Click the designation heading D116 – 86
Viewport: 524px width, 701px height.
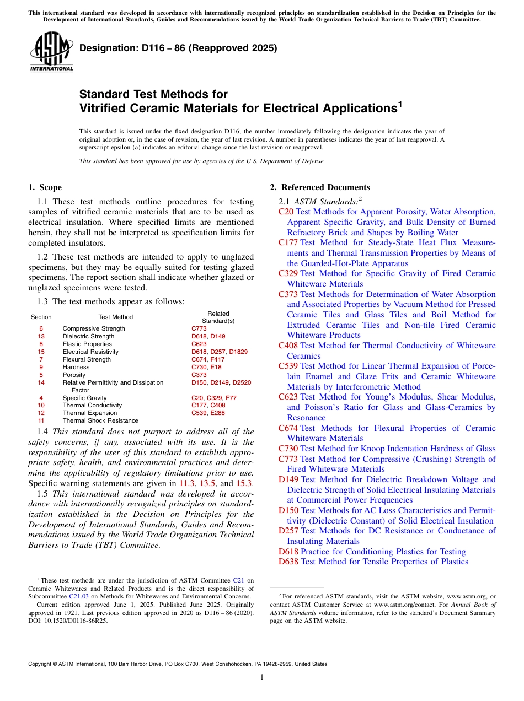pos(178,48)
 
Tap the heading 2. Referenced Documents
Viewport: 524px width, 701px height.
pos(320,187)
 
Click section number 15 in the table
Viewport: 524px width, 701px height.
pos(41,352)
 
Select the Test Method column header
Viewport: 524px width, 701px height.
pos(115,317)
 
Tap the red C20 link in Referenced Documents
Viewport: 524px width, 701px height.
pos(286,212)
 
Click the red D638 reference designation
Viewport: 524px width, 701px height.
pos(288,562)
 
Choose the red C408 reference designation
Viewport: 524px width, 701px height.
pos(288,346)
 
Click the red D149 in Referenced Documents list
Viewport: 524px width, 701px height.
pos(288,479)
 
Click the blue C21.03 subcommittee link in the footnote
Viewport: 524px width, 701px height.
pos(78,596)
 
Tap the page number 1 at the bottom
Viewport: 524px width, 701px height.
pos(262,677)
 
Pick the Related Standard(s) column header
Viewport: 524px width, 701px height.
pos(218,317)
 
